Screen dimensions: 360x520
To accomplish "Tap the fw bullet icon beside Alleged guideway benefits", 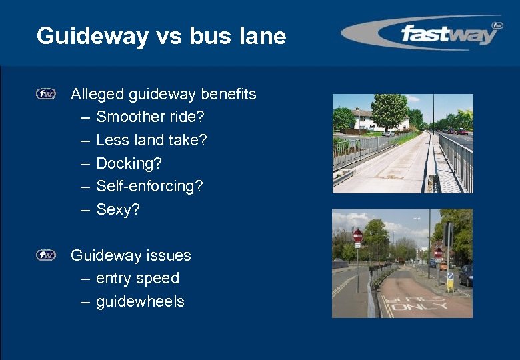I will [x=46, y=94].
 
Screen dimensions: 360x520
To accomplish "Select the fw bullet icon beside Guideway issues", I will [x=46, y=255].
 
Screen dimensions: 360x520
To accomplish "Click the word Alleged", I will [x=95, y=94].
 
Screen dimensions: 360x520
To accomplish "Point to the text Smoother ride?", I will [x=150, y=117].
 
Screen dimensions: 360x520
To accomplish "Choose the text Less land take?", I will [x=151, y=140].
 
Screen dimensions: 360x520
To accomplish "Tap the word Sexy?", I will [x=118, y=209].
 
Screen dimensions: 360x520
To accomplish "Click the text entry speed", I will [x=137, y=278].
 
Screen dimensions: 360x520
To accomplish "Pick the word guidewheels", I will [x=140, y=301].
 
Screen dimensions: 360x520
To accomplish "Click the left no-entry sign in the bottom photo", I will [x=358, y=236].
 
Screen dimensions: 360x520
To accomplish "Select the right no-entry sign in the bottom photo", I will [x=438, y=253].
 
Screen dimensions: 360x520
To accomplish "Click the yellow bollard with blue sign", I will [x=450, y=281].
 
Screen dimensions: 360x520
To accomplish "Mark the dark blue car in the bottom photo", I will [x=466, y=275].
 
